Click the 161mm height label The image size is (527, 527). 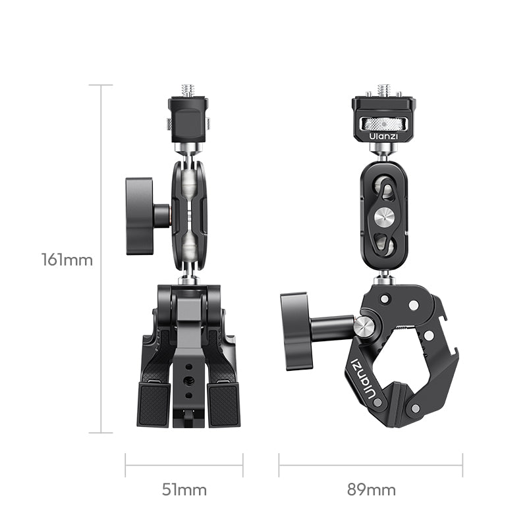tap(67, 260)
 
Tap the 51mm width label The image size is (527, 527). tap(184, 489)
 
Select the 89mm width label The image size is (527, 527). tap(371, 489)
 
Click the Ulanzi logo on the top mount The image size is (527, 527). tap(383, 136)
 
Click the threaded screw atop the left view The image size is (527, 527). tap(188, 90)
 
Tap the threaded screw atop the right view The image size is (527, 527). tap(383, 90)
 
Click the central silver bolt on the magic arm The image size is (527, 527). tap(385, 217)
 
